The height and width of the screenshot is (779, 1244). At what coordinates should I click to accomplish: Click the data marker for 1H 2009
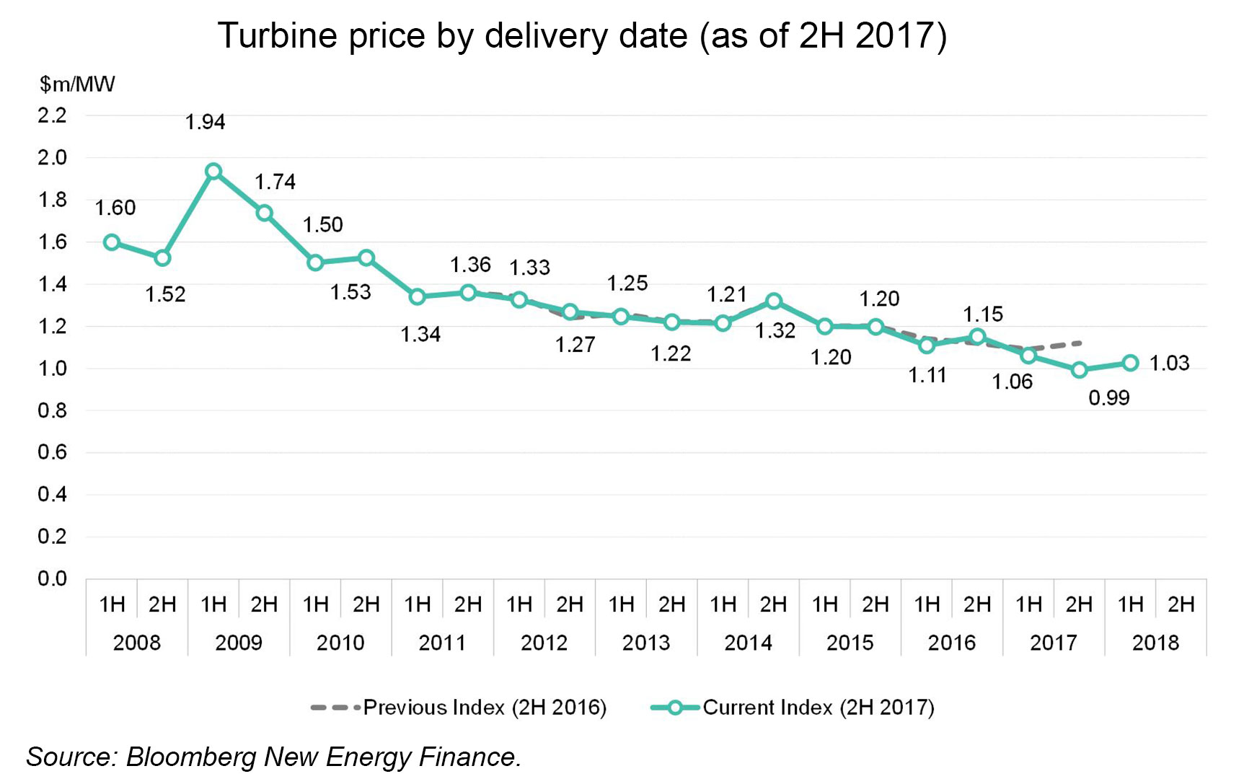pyautogui.click(x=213, y=172)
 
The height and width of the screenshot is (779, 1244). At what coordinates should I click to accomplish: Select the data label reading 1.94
pyautogui.click(x=206, y=122)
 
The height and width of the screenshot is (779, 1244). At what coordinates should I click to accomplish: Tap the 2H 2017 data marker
pyautogui.click(x=1080, y=370)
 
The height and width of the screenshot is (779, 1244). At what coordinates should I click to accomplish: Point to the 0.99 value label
pyautogui.click(x=1109, y=397)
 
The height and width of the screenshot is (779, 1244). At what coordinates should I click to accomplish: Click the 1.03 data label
pyautogui.click(x=1169, y=363)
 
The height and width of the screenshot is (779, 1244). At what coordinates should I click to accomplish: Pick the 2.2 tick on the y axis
pyautogui.click(x=52, y=115)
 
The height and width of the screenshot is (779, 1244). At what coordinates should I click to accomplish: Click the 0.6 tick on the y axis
pyautogui.click(x=52, y=452)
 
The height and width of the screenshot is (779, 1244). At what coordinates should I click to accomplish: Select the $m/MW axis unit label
pyautogui.click(x=77, y=84)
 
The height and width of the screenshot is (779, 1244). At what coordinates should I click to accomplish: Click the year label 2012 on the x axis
pyautogui.click(x=544, y=642)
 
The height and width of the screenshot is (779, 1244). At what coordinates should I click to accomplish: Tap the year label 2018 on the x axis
pyautogui.click(x=1155, y=642)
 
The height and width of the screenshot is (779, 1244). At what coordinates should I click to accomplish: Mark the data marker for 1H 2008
pyautogui.click(x=112, y=242)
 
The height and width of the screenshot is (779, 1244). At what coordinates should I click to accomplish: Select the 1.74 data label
pyautogui.click(x=275, y=182)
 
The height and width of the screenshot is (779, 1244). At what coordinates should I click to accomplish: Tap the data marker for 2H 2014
pyautogui.click(x=774, y=301)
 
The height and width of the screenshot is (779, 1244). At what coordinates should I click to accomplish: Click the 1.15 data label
pyautogui.click(x=983, y=314)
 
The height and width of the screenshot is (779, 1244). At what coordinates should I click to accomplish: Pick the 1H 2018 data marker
pyautogui.click(x=1131, y=363)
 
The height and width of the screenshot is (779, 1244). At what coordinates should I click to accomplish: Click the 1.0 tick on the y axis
pyautogui.click(x=52, y=369)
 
